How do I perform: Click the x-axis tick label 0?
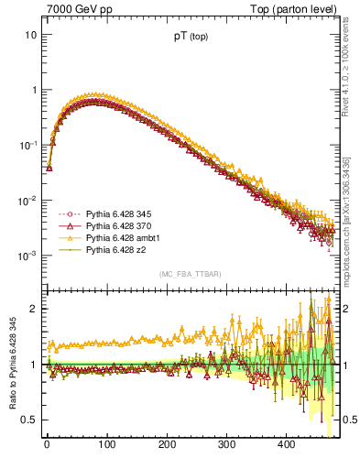47,445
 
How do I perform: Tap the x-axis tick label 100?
106,445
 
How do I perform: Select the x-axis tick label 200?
167,445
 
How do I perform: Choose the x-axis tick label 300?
226,445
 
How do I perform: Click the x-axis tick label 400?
287,445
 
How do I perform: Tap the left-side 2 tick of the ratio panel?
33,309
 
